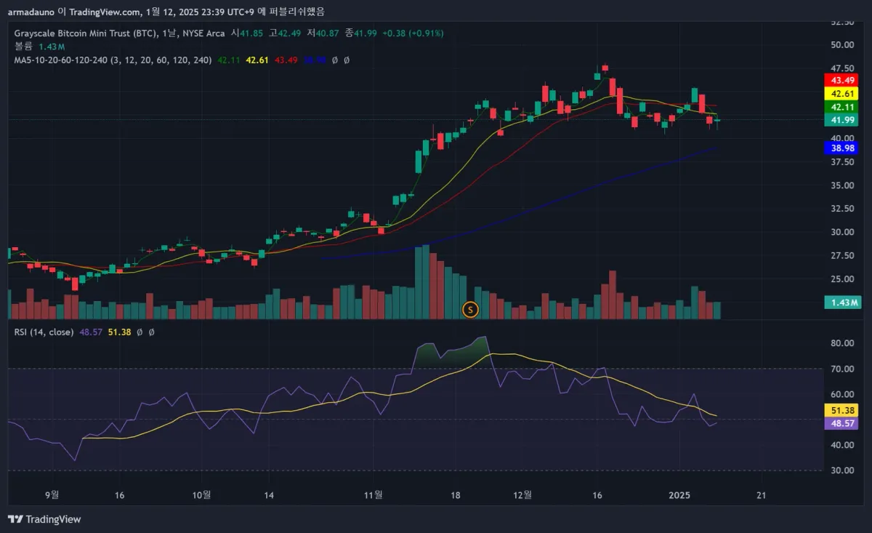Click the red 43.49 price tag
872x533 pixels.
[x=841, y=80]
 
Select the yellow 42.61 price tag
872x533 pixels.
[x=841, y=93]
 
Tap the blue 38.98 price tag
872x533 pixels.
[x=841, y=148]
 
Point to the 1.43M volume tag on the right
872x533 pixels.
[x=841, y=302]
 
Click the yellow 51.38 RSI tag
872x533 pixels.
[x=841, y=410]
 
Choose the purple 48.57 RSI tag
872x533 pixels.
[x=841, y=423]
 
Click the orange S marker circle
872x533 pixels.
[x=470, y=310]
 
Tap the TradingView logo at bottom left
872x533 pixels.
[x=44, y=519]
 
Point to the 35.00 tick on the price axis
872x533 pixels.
[x=841, y=185]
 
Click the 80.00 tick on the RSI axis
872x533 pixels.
[x=841, y=343]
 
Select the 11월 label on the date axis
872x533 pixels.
[x=374, y=495]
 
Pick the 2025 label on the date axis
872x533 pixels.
[x=679, y=495]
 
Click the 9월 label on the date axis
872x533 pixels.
[x=52, y=495]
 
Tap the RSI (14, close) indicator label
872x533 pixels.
[x=44, y=332]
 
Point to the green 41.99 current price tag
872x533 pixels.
[x=841, y=120]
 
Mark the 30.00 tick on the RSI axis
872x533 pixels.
[x=841, y=470]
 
